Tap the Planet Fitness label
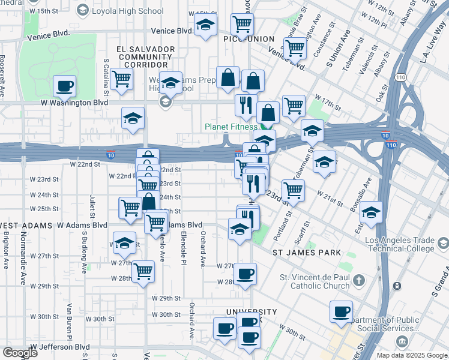[231, 127]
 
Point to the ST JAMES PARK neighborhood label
[307, 253]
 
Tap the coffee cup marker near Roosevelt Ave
[65, 85]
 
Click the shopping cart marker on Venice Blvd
[242, 25]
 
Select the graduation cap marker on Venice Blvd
[206, 26]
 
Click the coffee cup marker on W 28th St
[244, 274]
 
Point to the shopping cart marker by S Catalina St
[122, 78]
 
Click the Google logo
[20, 353]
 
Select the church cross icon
[358, 280]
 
